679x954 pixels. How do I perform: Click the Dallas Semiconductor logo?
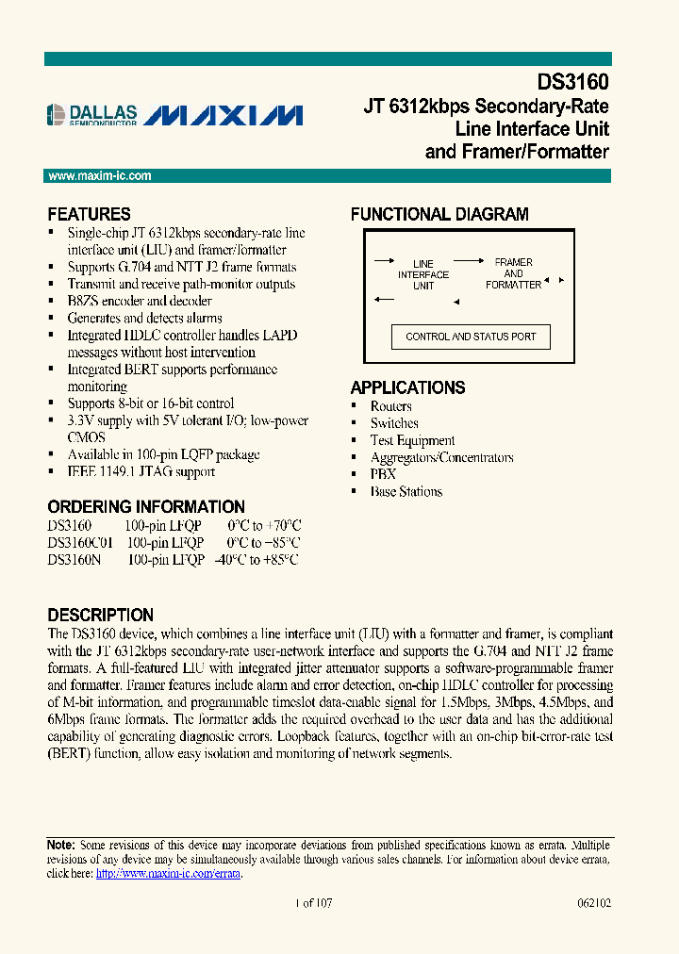pyautogui.click(x=92, y=115)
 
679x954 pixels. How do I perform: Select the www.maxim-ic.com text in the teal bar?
pyautogui.click(x=99, y=176)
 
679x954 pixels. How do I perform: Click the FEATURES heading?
pyautogui.click(x=89, y=214)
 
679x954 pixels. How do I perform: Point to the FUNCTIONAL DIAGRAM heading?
pyautogui.click(x=439, y=214)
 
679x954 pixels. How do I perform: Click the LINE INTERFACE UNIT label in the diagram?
pyautogui.click(x=423, y=274)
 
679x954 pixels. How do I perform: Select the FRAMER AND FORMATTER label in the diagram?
pyautogui.click(x=513, y=273)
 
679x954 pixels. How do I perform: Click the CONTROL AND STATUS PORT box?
pyautogui.click(x=471, y=337)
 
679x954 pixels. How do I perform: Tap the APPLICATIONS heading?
pyautogui.click(x=407, y=387)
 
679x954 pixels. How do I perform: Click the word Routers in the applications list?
pyautogui.click(x=390, y=406)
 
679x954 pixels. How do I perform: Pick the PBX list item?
pyautogui.click(x=383, y=474)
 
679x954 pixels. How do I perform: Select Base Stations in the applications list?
pyautogui.click(x=406, y=491)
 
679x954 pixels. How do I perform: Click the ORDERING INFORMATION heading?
pyautogui.click(x=146, y=506)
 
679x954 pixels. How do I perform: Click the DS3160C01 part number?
pyautogui.click(x=80, y=542)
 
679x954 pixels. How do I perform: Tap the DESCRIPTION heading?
pyautogui.click(x=100, y=615)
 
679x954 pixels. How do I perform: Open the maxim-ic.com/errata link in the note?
pyautogui.click(x=169, y=874)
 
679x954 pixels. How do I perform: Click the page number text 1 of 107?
pyautogui.click(x=314, y=902)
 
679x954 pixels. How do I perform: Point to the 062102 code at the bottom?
pyautogui.click(x=594, y=902)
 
